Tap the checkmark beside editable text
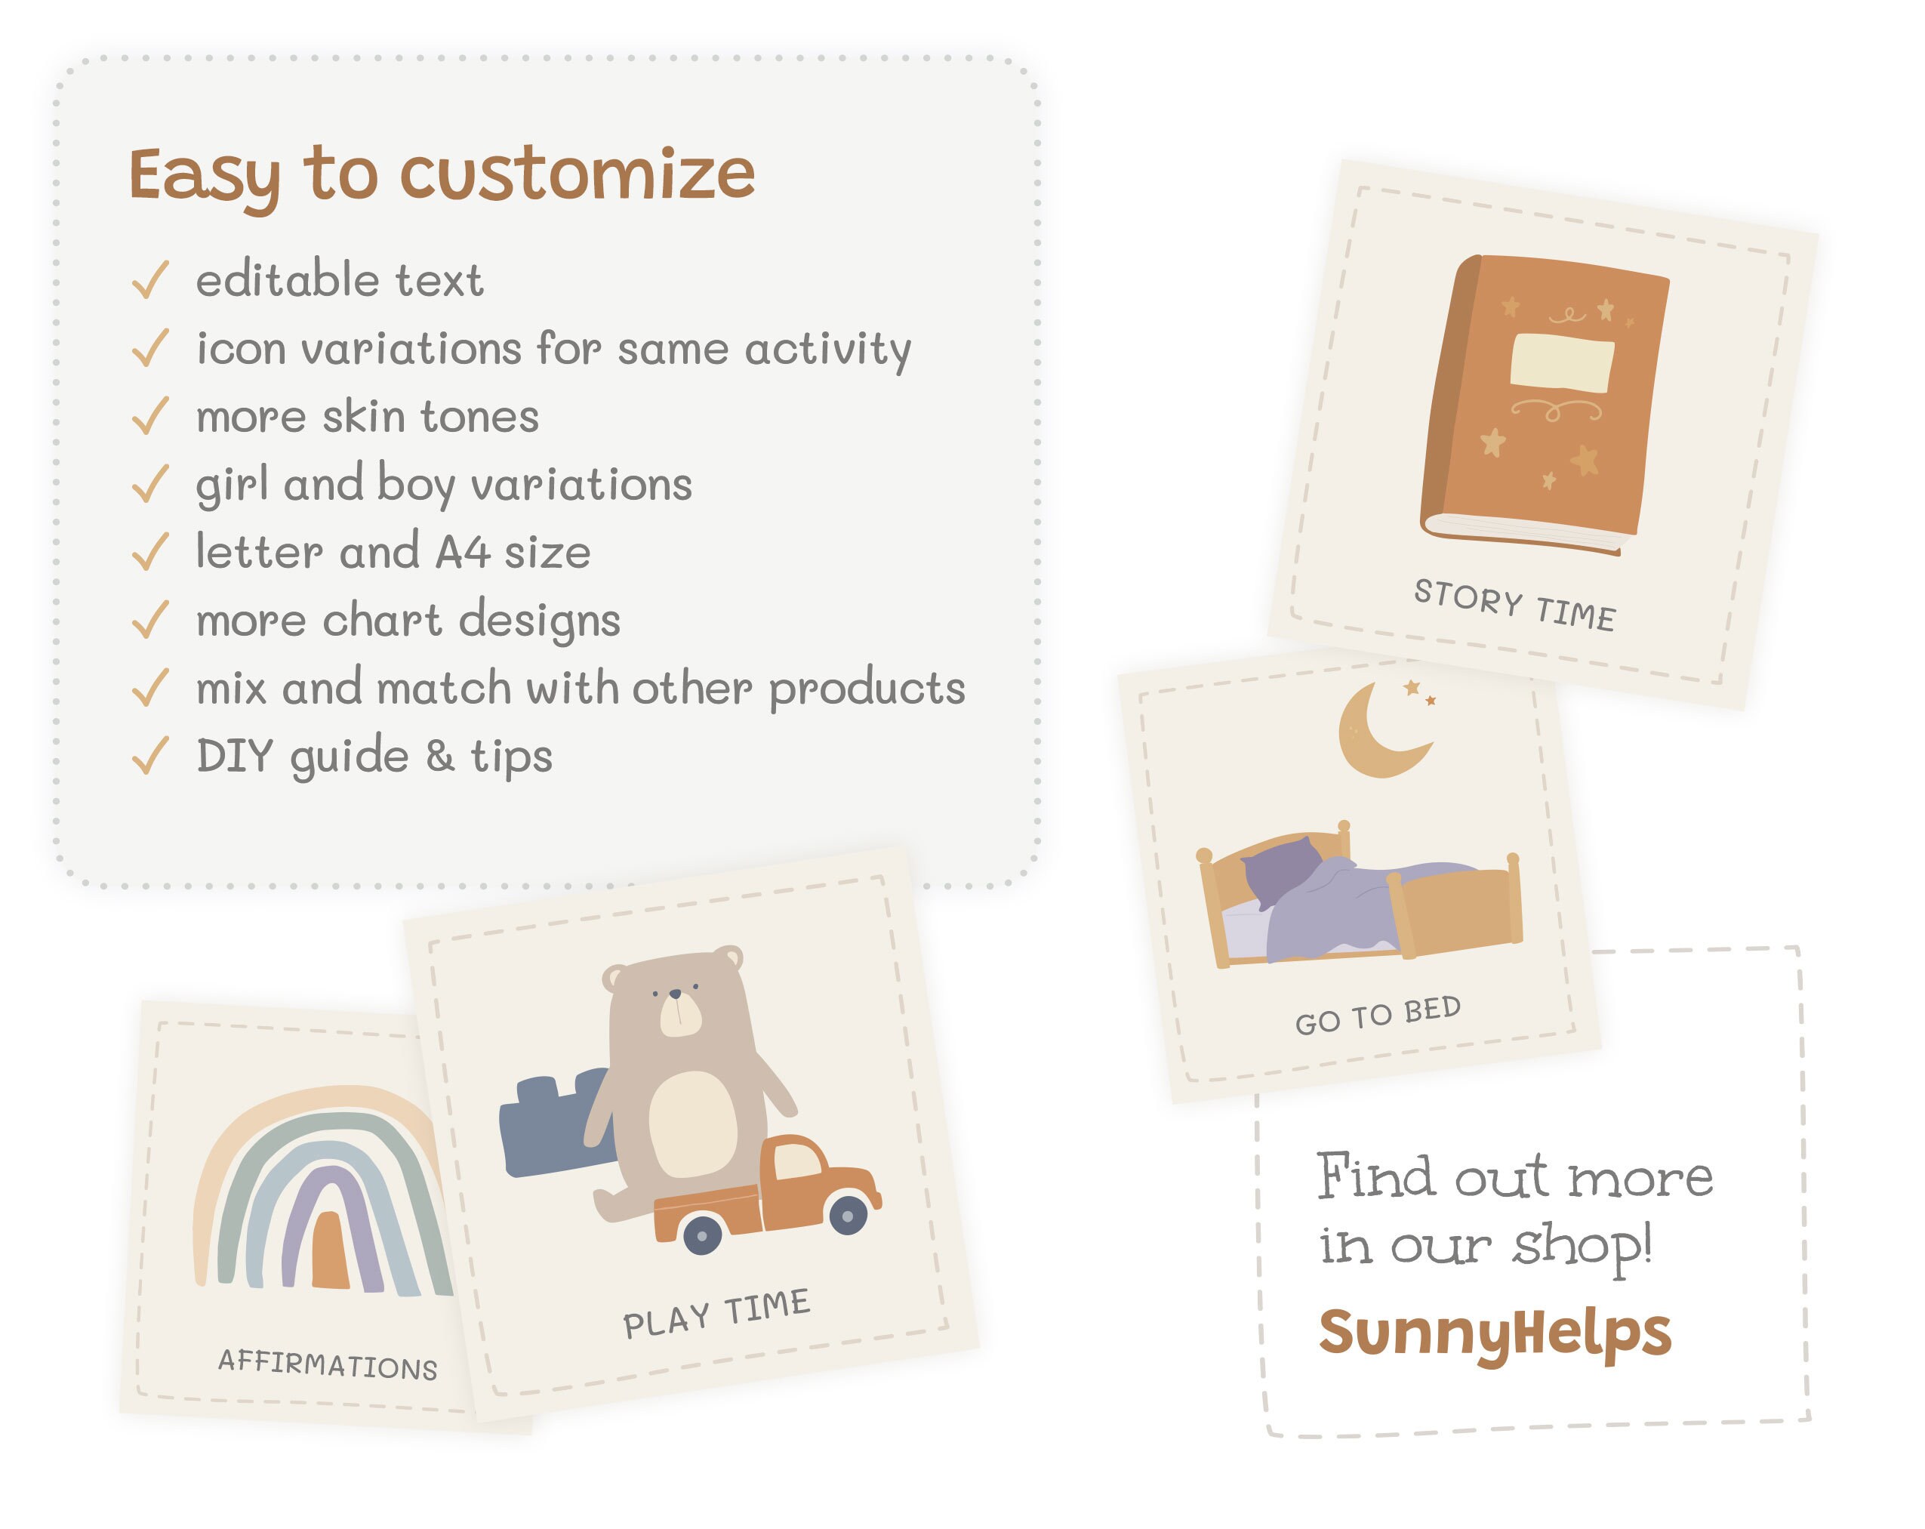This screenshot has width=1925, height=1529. click(150, 279)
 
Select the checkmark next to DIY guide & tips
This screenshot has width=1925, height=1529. click(150, 756)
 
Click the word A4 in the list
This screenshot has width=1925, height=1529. click(463, 552)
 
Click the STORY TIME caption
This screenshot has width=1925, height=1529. click(1514, 605)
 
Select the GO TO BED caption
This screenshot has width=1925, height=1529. click(1378, 1015)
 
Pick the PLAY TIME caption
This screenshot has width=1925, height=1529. click(716, 1313)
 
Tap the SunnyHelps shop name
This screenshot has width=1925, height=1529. click(1494, 1333)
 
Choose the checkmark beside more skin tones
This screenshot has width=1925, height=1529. click(150, 416)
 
